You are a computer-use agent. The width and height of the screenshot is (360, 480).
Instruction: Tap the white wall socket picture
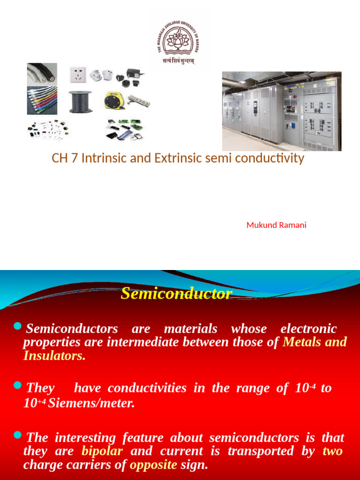click(78, 75)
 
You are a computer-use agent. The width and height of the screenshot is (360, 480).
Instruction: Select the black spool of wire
click(80, 101)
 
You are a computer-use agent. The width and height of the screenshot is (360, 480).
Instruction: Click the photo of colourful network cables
click(42, 100)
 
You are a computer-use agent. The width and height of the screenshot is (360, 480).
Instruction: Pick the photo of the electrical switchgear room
click(282, 111)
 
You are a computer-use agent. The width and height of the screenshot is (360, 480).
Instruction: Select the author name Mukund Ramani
click(276, 225)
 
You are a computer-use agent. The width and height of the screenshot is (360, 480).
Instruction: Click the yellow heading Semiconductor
click(176, 293)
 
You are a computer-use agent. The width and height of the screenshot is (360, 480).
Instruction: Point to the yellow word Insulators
click(54, 356)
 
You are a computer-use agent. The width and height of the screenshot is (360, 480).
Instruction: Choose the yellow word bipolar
click(102, 451)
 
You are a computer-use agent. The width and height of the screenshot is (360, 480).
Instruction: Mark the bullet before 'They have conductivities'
click(18, 385)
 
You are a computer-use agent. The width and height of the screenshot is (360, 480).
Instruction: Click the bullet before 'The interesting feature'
click(18, 435)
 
